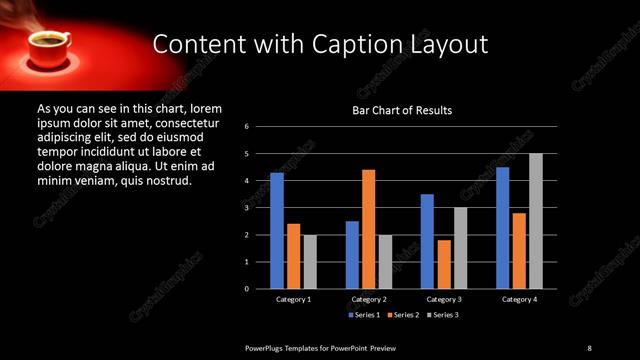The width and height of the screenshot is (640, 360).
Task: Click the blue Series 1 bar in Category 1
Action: (277, 231)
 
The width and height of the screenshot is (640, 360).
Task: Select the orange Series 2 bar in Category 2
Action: (369, 229)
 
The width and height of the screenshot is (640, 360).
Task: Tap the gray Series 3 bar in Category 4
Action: (536, 221)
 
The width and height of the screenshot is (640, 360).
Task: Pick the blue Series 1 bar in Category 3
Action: (427, 241)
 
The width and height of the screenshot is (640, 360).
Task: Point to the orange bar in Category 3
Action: (444, 264)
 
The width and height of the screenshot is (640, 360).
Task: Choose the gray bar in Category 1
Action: (310, 262)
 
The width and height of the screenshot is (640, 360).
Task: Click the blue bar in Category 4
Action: (502, 228)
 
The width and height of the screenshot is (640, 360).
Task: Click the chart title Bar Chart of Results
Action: (403, 110)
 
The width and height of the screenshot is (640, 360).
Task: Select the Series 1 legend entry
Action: (363, 315)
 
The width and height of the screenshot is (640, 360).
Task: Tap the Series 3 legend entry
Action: (443, 315)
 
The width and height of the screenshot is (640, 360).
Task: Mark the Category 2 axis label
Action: (369, 299)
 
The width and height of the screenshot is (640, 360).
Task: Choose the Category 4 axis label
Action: (519, 299)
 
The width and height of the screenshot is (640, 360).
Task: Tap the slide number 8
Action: (589, 347)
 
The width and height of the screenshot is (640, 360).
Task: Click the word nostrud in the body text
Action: (162, 181)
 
